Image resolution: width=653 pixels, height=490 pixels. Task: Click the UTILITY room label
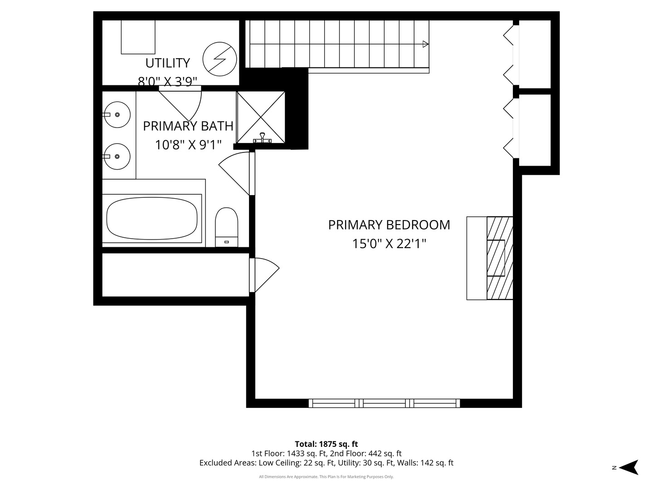(x=167, y=63)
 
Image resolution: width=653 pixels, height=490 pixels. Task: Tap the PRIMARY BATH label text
(x=188, y=126)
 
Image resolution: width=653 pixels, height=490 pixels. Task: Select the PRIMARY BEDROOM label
(x=389, y=225)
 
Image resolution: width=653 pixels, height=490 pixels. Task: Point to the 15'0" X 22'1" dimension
(x=389, y=244)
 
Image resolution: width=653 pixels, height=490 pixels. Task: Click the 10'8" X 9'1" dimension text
(x=188, y=145)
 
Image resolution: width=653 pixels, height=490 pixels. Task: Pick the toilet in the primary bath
(x=226, y=227)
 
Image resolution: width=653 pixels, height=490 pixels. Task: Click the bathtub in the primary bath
(x=152, y=218)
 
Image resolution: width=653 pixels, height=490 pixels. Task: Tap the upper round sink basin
(x=117, y=114)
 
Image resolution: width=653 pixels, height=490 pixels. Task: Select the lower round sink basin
(x=117, y=157)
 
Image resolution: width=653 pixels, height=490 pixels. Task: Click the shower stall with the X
(x=261, y=117)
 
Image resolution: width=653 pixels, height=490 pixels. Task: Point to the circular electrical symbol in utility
(x=219, y=59)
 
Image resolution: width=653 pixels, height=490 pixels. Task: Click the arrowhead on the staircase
(x=425, y=44)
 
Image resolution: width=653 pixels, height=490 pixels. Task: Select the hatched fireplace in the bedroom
(x=500, y=258)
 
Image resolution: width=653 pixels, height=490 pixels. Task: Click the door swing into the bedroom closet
(x=267, y=275)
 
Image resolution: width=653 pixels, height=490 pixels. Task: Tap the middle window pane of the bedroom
(x=385, y=403)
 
